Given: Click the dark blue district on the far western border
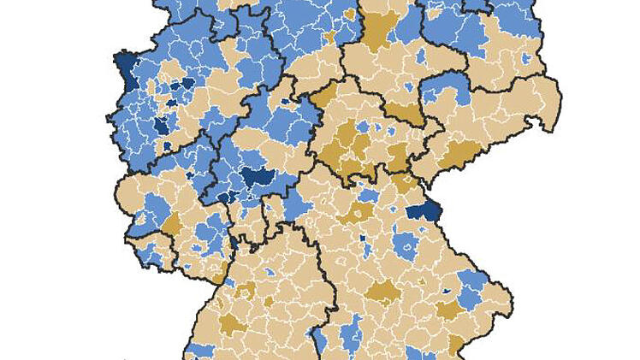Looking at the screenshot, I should (125, 65).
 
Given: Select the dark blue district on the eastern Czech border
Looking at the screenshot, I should (421, 212).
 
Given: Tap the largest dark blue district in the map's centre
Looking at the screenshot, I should (257, 177).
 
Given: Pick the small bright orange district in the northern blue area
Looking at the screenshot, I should (330, 38).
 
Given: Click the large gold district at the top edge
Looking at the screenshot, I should (376, 29).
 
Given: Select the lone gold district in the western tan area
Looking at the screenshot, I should (171, 224).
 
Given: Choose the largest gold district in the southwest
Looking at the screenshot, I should (230, 323).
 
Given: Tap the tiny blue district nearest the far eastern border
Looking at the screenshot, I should (525, 58).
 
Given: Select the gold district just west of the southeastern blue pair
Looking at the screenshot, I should (447, 309).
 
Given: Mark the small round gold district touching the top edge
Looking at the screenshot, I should (348, 15).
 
